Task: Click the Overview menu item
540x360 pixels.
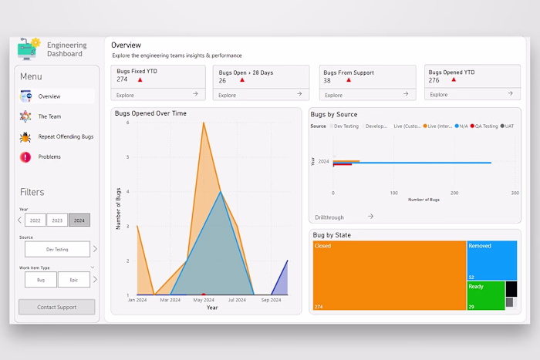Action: (49, 96)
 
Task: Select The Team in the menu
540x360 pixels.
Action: (49, 116)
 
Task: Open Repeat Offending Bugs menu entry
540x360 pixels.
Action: (66, 136)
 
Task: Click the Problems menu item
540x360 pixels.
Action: (49, 156)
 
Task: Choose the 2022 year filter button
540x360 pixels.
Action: (35, 220)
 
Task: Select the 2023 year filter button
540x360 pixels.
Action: (57, 220)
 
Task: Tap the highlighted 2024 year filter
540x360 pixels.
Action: (79, 220)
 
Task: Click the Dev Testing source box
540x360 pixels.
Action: (57, 249)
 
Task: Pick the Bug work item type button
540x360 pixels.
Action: (40, 280)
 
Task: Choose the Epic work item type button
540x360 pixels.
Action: (74, 280)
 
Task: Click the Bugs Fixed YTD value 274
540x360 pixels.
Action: (122, 79)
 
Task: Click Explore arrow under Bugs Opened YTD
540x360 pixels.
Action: (510, 93)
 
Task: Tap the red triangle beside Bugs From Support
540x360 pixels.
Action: (348, 80)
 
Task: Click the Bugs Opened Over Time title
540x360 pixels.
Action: (150, 113)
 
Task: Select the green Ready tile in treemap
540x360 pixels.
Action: (485, 296)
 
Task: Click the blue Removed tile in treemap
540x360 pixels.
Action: (491, 260)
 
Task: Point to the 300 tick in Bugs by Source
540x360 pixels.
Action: (515, 193)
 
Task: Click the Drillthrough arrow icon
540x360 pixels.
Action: (370, 217)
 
